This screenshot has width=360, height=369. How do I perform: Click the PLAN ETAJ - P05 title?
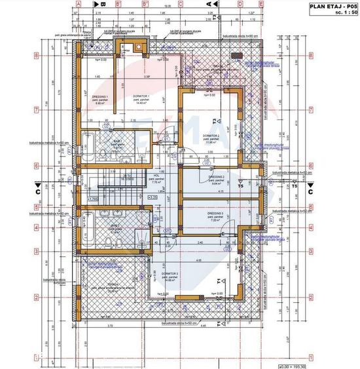(329, 5)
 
